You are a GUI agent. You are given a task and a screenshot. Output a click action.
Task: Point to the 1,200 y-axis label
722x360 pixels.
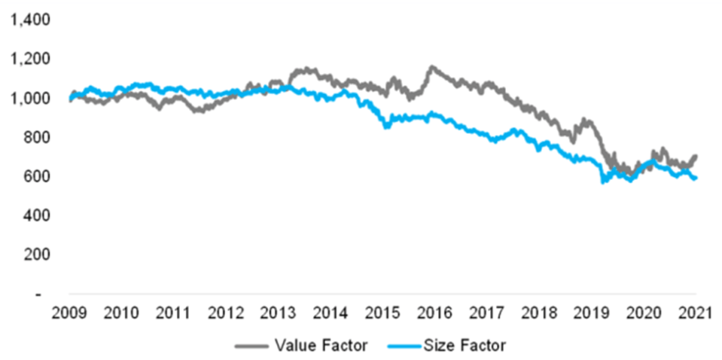click(26, 59)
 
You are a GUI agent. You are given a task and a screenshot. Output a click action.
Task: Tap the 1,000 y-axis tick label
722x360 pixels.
click(26, 99)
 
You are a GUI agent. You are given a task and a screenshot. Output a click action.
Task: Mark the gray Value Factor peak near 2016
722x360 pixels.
click(431, 68)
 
